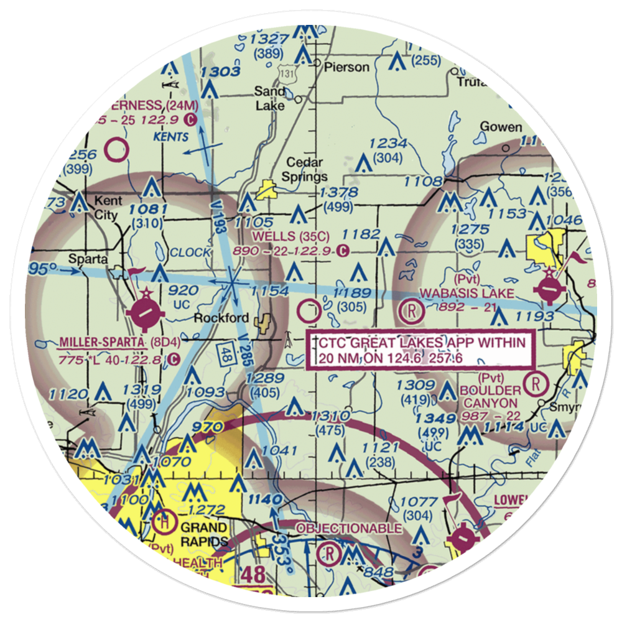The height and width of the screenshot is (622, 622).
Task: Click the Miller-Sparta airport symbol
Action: click(x=144, y=311)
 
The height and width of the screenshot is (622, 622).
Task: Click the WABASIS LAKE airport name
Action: click(x=467, y=292)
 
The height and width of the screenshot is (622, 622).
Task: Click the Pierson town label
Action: click(x=343, y=67)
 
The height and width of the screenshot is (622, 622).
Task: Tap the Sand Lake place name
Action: click(x=270, y=98)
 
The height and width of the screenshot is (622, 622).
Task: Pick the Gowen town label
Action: click(x=501, y=128)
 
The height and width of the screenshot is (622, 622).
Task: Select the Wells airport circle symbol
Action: click(x=310, y=307)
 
